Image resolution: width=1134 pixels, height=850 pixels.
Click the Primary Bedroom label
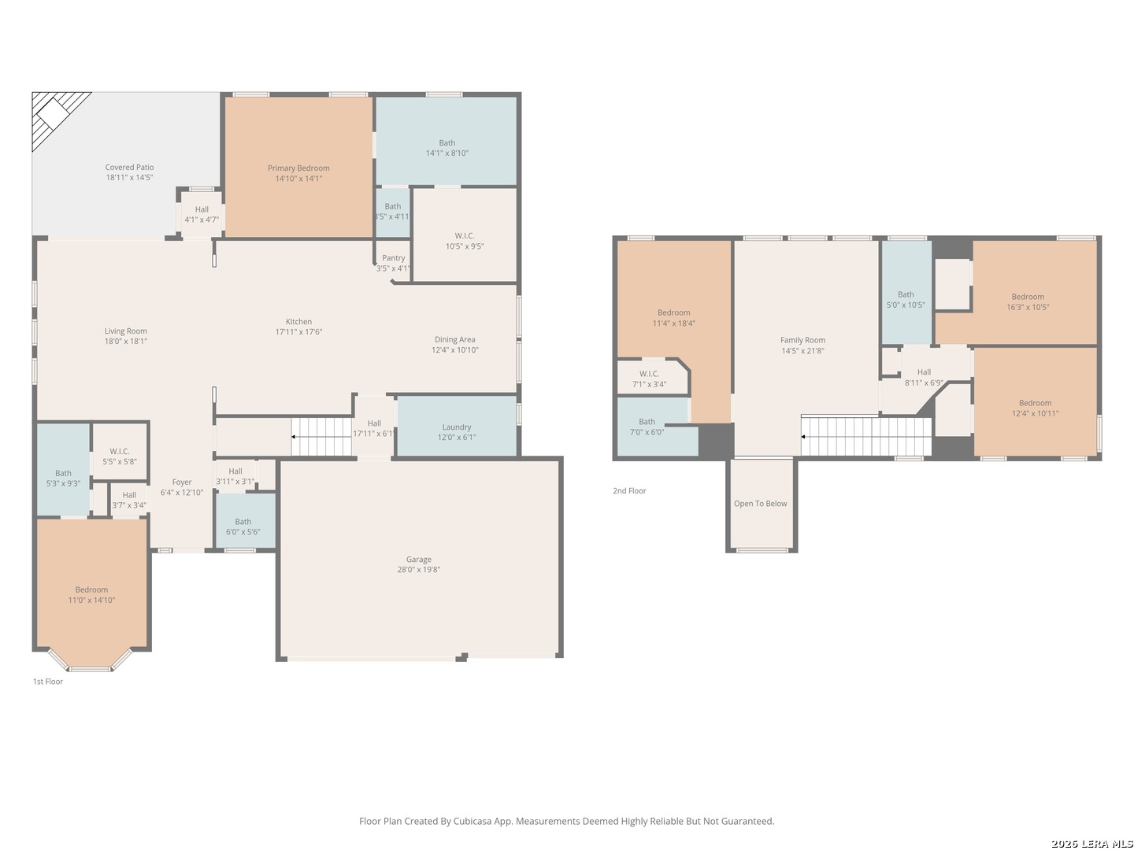[x=298, y=168]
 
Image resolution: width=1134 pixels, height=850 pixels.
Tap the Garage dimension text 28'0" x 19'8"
[x=418, y=570]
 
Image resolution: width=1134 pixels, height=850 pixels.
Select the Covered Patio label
[x=129, y=167]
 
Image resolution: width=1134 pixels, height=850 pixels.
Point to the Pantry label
[x=394, y=258]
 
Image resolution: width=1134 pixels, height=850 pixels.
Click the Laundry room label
[x=457, y=427]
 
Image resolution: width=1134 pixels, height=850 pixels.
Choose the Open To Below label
[x=761, y=504]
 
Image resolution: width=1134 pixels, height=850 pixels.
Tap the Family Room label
[x=802, y=340]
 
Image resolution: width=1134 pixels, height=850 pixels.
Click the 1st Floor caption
[x=48, y=682]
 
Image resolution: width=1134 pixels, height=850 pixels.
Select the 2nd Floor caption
[x=629, y=491]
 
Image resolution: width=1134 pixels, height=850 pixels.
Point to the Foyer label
[x=182, y=482]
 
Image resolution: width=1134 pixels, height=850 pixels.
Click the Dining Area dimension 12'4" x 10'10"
[x=455, y=350]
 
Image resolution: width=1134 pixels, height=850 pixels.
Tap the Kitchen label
[x=298, y=322]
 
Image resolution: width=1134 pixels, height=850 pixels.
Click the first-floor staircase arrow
[x=321, y=437]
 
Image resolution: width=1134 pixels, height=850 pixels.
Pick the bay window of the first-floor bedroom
[x=91, y=660]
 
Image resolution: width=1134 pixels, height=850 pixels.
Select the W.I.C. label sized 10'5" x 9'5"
[x=465, y=236]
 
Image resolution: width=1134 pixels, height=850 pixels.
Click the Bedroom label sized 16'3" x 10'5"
[x=1028, y=297]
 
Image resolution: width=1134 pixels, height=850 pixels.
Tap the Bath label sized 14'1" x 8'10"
[x=447, y=143]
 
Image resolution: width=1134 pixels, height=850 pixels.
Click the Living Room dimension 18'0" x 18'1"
[x=126, y=341]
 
